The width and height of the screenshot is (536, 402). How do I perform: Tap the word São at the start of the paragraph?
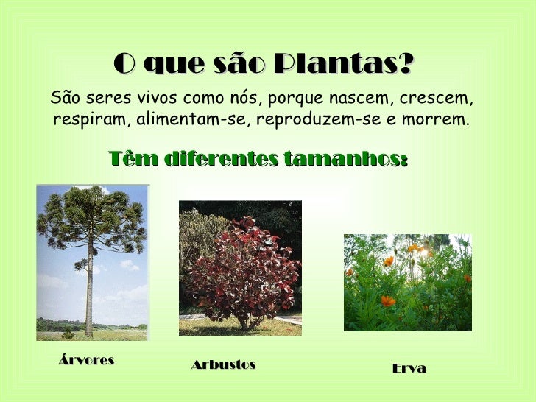[x=64, y=98]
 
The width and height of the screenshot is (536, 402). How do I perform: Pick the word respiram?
[x=81, y=119]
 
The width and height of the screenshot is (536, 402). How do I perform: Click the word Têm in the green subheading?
[x=127, y=159]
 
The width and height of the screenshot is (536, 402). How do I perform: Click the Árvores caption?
[x=86, y=361]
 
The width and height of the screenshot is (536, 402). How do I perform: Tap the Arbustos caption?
[x=223, y=364]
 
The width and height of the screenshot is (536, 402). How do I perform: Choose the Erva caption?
[x=409, y=368]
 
